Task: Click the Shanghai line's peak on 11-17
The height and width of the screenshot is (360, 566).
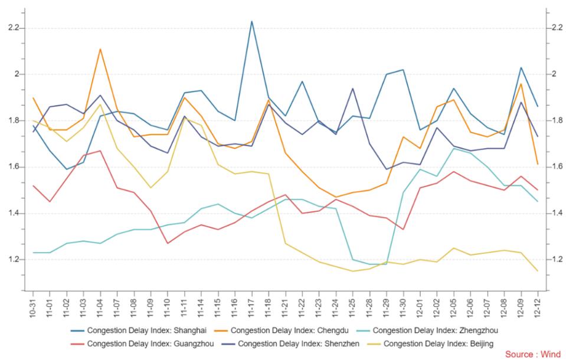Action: tap(251, 21)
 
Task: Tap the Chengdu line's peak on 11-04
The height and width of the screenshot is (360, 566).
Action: tap(100, 49)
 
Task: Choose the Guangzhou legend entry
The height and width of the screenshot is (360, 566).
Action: tap(142, 343)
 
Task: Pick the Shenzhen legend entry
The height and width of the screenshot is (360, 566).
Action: tap(290, 343)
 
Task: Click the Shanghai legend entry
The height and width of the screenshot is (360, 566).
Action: tap(139, 330)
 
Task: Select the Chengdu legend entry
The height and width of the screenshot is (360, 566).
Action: tap(281, 330)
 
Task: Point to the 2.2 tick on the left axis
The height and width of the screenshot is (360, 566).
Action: tap(14, 28)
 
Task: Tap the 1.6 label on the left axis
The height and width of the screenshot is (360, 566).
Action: tap(14, 167)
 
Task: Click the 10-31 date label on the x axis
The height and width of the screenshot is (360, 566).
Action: tap(33, 307)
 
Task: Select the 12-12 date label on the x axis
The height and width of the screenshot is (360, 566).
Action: tap(538, 307)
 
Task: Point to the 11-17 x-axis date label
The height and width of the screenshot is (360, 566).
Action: tap(251, 307)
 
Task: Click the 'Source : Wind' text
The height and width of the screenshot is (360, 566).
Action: tap(533, 354)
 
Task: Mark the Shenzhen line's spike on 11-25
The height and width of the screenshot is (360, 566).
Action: tap(353, 89)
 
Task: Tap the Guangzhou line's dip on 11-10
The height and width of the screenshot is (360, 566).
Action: tap(168, 243)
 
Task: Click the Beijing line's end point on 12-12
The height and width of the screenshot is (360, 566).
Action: tap(538, 271)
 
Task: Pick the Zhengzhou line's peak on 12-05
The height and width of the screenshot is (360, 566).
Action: tap(454, 148)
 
